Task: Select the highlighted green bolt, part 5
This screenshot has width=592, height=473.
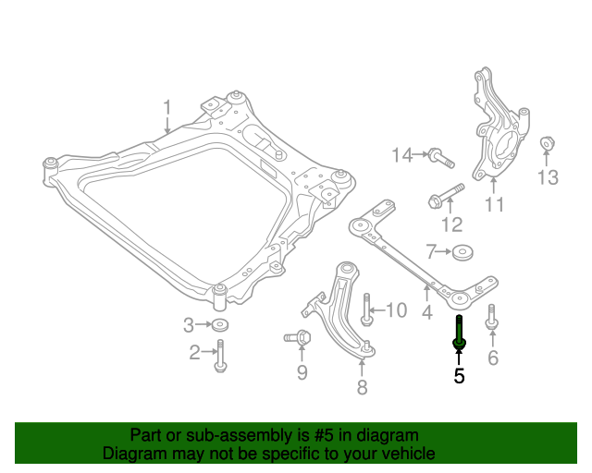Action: tap(459, 333)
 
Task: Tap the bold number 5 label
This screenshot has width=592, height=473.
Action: tap(459, 376)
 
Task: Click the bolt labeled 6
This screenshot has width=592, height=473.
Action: tap(491, 317)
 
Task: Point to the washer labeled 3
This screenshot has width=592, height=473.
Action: tap(220, 325)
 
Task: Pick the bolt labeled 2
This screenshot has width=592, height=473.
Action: tap(220, 356)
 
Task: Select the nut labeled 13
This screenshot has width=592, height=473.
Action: tap(546, 144)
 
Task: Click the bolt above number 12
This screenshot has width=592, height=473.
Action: tap(445, 196)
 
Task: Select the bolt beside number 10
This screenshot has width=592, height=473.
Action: tap(366, 309)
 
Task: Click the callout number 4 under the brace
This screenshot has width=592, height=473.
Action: tap(426, 312)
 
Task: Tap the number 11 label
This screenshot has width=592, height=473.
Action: tap(495, 205)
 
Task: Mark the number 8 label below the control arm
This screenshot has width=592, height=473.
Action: tap(362, 387)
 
